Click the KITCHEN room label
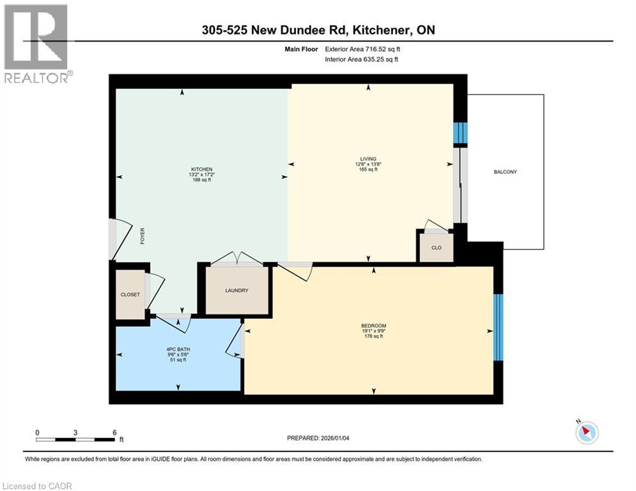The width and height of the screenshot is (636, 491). [201, 169]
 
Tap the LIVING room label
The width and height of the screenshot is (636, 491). [368, 159]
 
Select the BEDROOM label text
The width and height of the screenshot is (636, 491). [373, 325]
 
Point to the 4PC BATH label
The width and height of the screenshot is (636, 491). [178, 349]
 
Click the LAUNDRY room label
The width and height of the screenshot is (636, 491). [237, 290]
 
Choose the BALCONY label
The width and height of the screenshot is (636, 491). [506, 171]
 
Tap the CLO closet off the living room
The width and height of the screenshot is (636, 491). [437, 247]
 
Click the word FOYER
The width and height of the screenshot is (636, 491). [143, 236]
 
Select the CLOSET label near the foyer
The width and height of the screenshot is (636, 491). [130, 295]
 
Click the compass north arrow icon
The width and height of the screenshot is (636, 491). [587, 432]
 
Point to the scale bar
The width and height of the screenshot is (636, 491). [75, 439]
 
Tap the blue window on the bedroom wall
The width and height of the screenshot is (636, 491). [498, 327]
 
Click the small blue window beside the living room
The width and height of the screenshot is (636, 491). [460, 133]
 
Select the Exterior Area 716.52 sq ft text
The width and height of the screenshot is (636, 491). [362, 49]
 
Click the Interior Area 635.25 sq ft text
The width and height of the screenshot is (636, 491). [361, 59]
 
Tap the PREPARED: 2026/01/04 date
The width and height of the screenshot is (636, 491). [318, 438]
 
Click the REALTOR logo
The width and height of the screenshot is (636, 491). [37, 43]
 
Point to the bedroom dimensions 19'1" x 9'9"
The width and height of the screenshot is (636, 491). [373, 331]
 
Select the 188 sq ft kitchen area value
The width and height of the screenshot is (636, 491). [201, 180]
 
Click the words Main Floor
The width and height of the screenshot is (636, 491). [301, 49]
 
